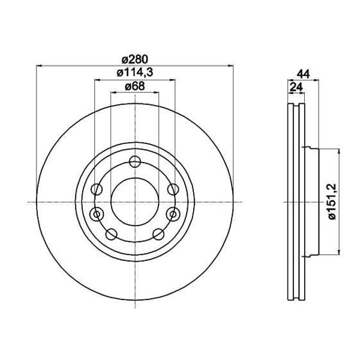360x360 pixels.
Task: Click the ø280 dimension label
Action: (135, 59)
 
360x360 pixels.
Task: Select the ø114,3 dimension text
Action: (135, 73)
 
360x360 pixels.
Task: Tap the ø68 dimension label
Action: (135, 86)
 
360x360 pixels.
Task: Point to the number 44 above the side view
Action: (303, 74)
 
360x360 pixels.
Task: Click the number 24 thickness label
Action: (296, 87)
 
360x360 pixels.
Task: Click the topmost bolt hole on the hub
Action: (135, 161)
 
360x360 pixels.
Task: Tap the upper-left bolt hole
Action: (97, 190)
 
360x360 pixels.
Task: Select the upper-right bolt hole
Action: (173, 190)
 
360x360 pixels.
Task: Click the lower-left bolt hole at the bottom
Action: (112, 234)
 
